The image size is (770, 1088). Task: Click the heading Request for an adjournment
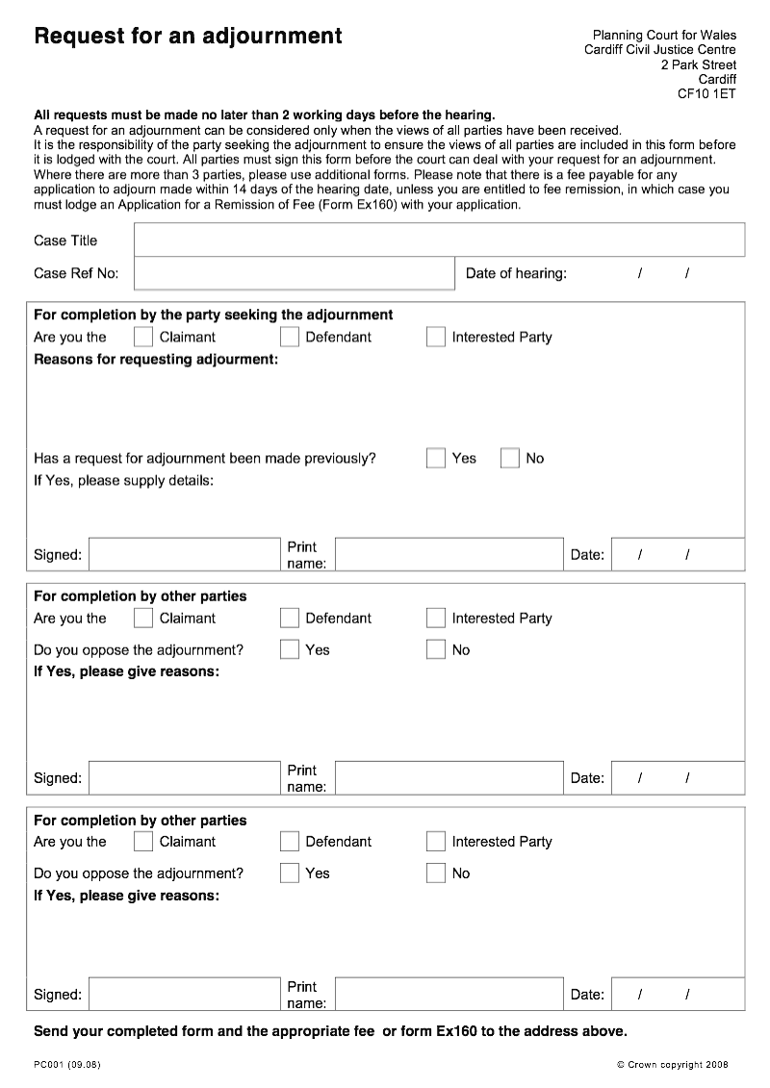tap(188, 37)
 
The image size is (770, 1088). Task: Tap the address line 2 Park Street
tap(698, 64)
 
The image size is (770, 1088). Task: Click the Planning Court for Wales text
tap(664, 36)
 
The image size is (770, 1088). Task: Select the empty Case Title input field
tap(439, 240)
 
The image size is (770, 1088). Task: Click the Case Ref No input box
tap(294, 273)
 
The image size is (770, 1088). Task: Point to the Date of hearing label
tap(516, 273)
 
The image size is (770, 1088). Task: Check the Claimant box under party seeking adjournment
tap(143, 337)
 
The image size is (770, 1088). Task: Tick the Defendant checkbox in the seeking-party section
tap(290, 337)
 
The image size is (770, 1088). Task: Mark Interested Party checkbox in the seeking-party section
tap(436, 337)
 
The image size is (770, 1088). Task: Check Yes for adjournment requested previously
tap(436, 458)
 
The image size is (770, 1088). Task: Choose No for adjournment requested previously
tap(510, 458)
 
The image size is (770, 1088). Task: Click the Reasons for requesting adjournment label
tap(156, 359)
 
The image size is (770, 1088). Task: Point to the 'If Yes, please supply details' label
tap(123, 480)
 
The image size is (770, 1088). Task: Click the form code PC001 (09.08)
tap(67, 1064)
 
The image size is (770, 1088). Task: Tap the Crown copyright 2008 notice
tap(672, 1064)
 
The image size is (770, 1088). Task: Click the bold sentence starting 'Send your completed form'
tap(330, 1031)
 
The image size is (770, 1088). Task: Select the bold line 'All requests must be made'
tap(264, 114)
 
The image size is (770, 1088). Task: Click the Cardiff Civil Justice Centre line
tap(659, 50)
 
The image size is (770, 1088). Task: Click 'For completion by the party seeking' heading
tap(213, 315)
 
